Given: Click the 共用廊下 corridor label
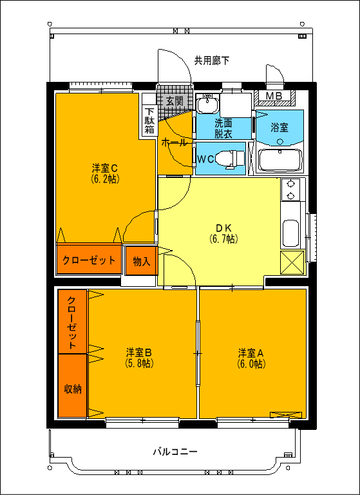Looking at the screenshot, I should (212, 61).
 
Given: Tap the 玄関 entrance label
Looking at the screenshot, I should (175, 101).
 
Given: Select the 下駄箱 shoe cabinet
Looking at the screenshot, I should (149, 120).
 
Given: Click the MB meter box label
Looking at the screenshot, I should (274, 97).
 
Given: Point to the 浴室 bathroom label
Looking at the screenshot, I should (279, 127).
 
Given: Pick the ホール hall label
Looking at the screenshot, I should (174, 142).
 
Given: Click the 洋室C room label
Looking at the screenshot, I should (104, 168).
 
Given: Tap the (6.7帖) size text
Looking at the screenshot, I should (223, 238).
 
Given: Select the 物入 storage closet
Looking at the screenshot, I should (141, 261).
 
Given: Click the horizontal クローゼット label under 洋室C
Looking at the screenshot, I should (89, 260).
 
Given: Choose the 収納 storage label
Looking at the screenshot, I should (72, 388).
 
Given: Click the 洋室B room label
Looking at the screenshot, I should (138, 353).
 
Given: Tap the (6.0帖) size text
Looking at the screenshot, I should (251, 364).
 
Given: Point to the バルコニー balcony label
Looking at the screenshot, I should (175, 452).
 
